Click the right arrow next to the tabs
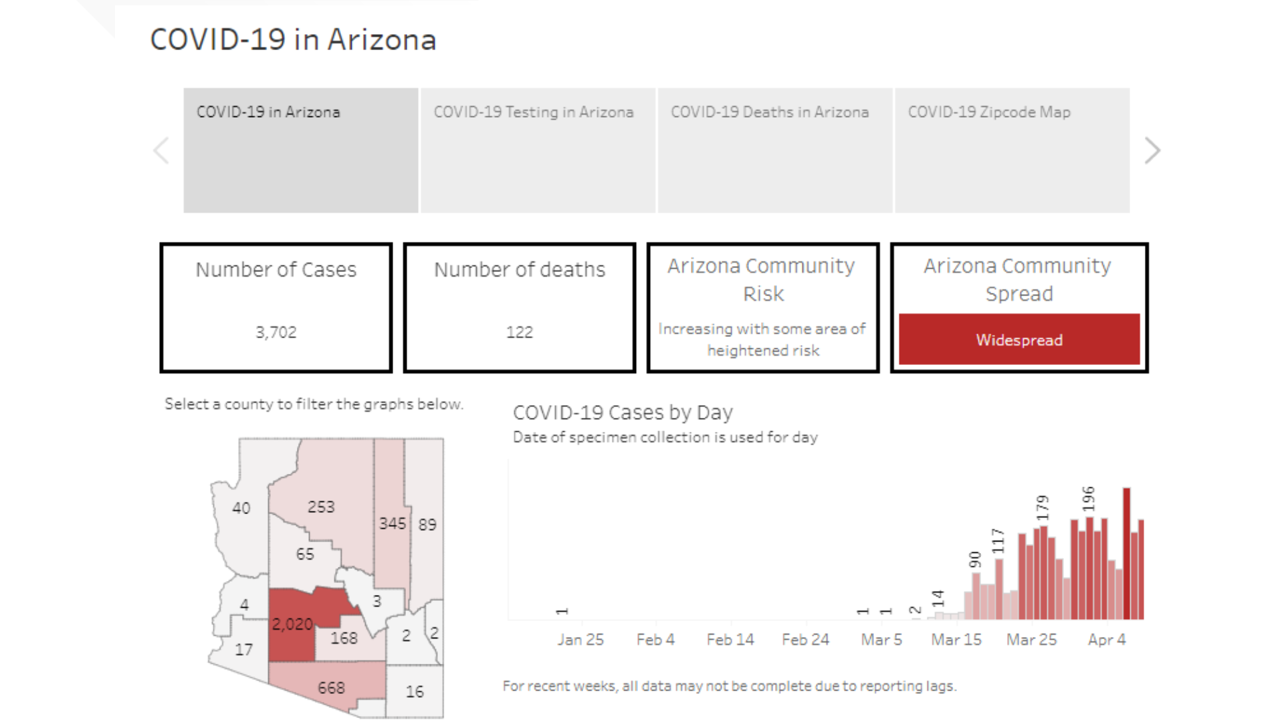pyautogui.click(x=1152, y=150)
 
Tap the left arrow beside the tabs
pyautogui.click(x=161, y=150)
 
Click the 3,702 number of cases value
pyautogui.click(x=276, y=332)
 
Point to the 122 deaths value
pyautogui.click(x=519, y=332)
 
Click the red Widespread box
pyautogui.click(x=1019, y=340)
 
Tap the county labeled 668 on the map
pyautogui.click(x=331, y=688)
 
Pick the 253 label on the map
pyautogui.click(x=321, y=507)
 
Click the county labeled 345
pyautogui.click(x=392, y=523)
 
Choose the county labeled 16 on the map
pyautogui.click(x=415, y=692)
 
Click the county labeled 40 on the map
pyautogui.click(x=241, y=508)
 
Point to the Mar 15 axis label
pyautogui.click(x=956, y=640)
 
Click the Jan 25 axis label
pyautogui.click(x=580, y=640)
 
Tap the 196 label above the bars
pyautogui.click(x=1089, y=499)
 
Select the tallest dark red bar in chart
pyautogui.click(x=1126, y=555)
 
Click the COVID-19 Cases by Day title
pyautogui.click(x=623, y=412)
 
